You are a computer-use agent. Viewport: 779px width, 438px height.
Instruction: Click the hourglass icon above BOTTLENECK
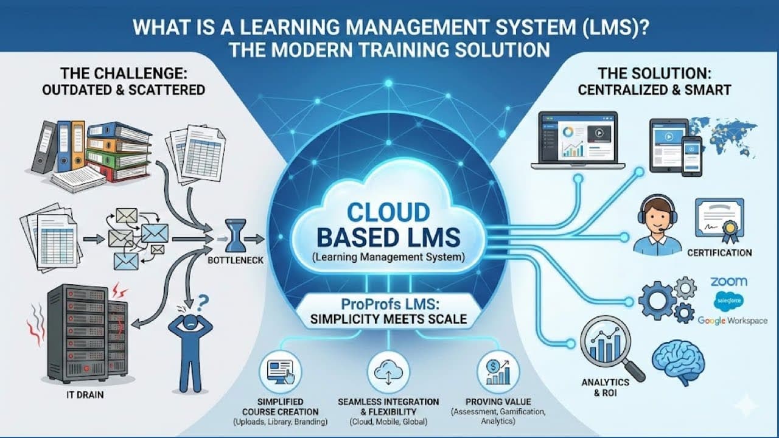(236, 235)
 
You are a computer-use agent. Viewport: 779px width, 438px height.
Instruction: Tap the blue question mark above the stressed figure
(203, 303)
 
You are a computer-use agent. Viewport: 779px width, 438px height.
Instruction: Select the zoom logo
(728, 281)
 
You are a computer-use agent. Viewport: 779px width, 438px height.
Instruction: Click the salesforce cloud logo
(728, 301)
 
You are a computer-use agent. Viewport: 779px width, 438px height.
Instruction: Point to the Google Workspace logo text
(732, 321)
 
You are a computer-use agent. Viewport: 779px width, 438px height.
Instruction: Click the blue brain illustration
(679, 361)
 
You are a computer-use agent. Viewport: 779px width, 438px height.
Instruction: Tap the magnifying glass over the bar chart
(611, 347)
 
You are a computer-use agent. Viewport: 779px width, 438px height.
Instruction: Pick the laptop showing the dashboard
(578, 141)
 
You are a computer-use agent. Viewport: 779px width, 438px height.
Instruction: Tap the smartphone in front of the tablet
(691, 156)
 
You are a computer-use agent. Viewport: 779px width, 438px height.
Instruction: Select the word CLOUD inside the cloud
(388, 213)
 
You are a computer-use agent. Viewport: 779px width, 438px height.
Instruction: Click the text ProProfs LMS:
(390, 304)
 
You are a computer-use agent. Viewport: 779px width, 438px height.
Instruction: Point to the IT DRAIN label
(85, 395)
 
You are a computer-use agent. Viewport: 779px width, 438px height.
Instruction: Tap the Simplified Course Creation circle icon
(281, 372)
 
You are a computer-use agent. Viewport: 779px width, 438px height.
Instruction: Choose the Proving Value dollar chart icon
(498, 372)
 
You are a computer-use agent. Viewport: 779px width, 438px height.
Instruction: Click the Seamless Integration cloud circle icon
(388, 372)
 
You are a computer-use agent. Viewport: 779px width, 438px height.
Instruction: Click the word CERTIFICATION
(719, 252)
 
